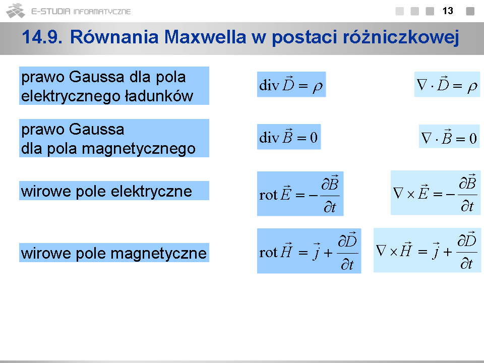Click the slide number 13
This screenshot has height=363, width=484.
(448, 11)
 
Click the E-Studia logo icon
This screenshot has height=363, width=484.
(16, 11)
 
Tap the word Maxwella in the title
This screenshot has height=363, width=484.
(205, 37)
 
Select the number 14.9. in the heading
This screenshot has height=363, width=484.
(42, 37)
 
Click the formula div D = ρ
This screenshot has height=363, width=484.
(291, 84)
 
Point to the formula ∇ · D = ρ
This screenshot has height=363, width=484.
(447, 84)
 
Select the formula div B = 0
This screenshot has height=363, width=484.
(289, 137)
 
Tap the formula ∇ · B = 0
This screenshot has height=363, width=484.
(449, 137)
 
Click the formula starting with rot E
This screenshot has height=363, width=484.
(300, 194)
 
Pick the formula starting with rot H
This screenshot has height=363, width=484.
(309, 251)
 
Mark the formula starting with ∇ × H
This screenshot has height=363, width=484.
(427, 251)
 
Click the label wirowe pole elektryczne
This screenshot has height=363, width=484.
(107, 191)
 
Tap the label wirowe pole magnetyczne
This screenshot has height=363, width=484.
(114, 254)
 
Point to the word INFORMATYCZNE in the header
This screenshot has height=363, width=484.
(102, 12)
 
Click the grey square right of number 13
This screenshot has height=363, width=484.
(470, 11)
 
